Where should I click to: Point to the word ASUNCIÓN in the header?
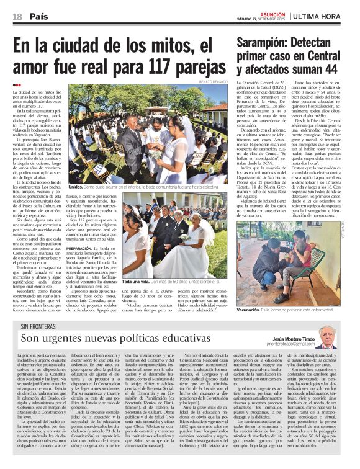(271, 13)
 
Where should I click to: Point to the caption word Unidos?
(76, 186)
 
